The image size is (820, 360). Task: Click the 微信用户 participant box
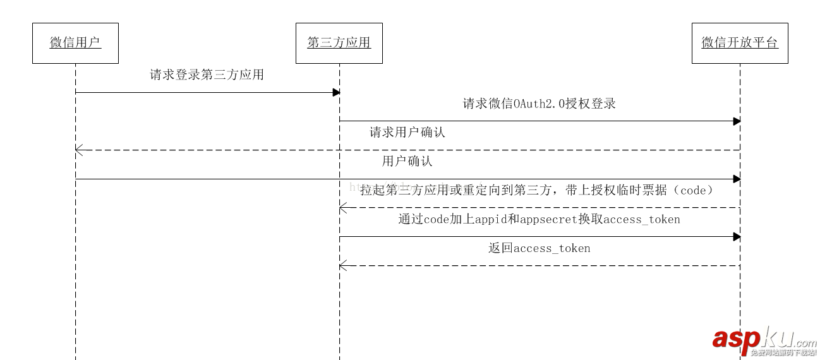75,43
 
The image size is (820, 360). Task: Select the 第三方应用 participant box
339,43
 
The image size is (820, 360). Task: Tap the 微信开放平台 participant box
740,43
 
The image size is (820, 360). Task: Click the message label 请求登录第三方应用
207,75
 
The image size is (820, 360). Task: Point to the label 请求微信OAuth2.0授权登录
539,104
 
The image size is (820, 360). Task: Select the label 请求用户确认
407,133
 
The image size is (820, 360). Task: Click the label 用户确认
407,161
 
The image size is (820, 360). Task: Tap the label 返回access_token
539,248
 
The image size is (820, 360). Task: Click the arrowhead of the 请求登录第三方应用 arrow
337,93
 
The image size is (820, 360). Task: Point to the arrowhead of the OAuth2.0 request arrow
737,121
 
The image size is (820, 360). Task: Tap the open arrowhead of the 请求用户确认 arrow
78,150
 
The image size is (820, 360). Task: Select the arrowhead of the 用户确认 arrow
737,179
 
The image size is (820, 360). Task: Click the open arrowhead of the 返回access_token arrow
342,266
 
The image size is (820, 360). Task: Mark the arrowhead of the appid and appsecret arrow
737,237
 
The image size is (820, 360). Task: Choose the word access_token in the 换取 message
642,219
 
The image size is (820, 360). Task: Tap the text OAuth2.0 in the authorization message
539,104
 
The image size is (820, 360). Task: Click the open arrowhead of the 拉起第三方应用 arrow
342,208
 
